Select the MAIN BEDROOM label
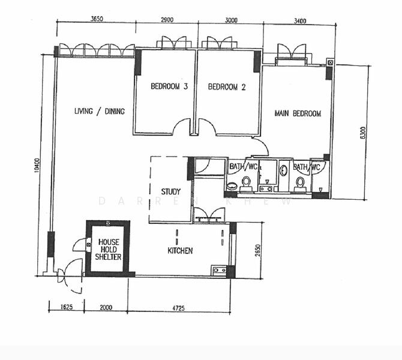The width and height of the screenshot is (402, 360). pos(297,113)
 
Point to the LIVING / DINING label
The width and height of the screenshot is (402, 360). pos(99,111)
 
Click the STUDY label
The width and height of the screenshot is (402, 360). pos(171,192)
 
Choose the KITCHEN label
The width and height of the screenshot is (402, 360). pos(180,251)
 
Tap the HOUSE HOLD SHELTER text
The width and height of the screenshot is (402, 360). pos(109,249)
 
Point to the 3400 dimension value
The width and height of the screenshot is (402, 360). pos(300,21)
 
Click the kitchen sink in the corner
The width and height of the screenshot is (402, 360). pos(219,271)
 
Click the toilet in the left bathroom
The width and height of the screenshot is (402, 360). pos(246,182)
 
